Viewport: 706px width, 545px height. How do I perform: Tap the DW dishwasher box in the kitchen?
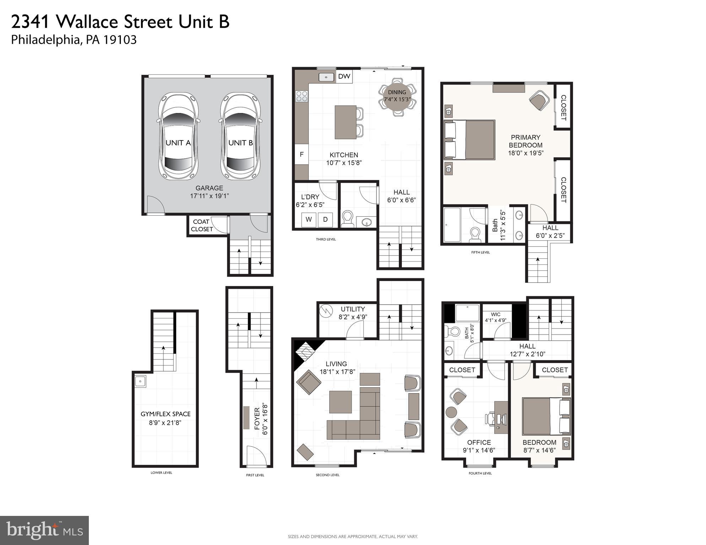click(344, 76)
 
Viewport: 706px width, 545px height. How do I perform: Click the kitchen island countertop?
click(345, 122)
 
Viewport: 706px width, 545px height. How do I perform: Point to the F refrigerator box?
click(302, 154)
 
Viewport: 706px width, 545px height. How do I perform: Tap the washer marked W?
click(308, 220)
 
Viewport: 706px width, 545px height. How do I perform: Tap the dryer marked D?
click(325, 220)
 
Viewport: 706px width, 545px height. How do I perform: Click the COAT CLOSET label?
click(202, 225)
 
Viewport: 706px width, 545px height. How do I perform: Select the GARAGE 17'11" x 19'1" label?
click(209, 192)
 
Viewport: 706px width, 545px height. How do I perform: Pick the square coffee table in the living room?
click(340, 402)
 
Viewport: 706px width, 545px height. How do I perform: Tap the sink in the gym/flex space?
click(140, 381)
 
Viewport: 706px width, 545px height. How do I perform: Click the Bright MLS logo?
click(44, 530)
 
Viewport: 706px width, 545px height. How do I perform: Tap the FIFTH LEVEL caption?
click(480, 252)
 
